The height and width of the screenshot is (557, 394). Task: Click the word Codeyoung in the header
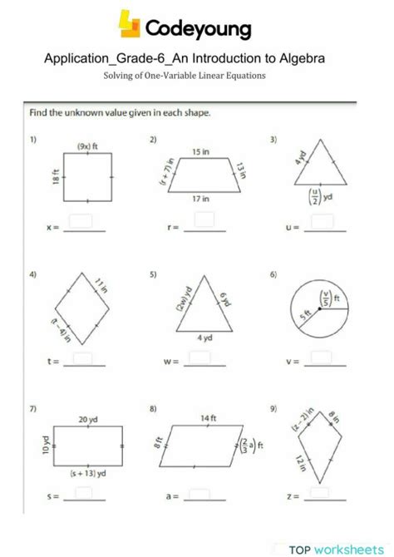click(x=198, y=30)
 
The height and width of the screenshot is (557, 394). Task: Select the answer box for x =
click(x=81, y=220)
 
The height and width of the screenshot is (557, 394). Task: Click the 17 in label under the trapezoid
click(x=200, y=199)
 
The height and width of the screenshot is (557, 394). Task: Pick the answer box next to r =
click(x=204, y=219)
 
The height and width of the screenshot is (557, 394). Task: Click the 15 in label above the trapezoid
click(x=200, y=152)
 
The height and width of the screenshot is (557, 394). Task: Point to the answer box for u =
click(x=322, y=220)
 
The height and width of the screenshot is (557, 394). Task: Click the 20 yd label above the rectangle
click(x=88, y=420)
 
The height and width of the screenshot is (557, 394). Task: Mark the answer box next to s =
click(x=82, y=493)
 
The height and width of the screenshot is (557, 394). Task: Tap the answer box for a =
click(x=199, y=493)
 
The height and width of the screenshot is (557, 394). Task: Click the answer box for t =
click(x=82, y=357)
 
